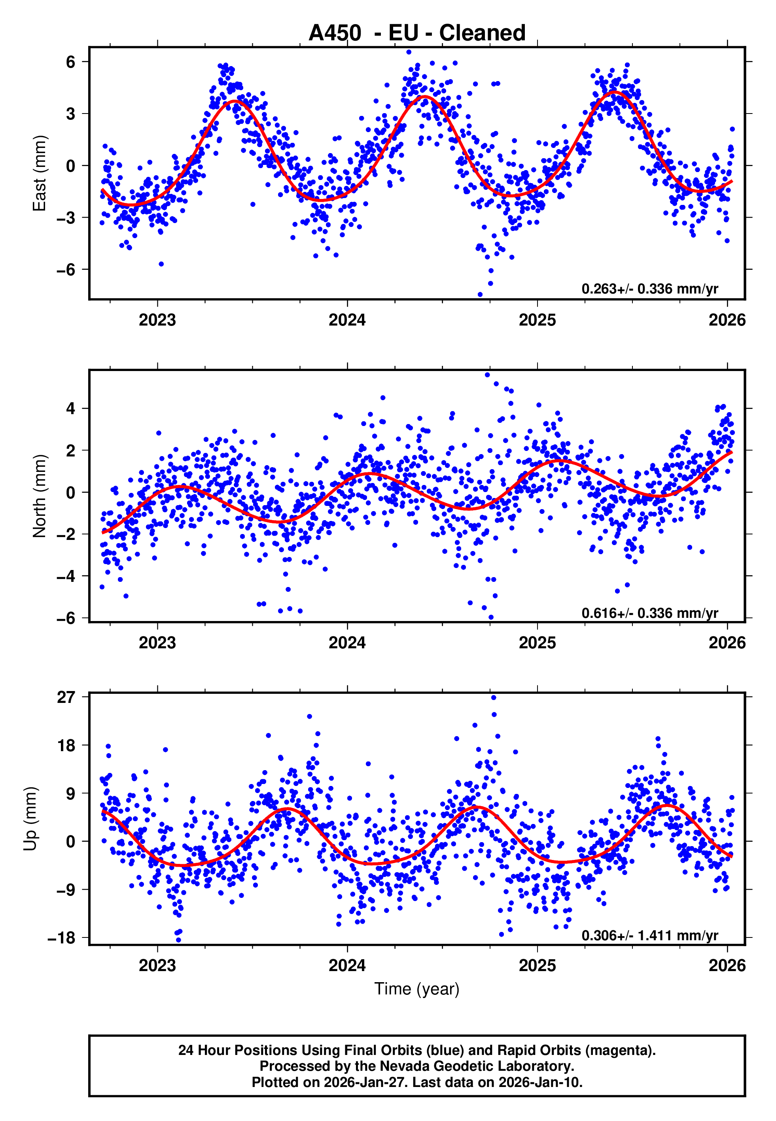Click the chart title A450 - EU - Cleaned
417,33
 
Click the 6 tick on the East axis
71,62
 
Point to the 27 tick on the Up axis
66,697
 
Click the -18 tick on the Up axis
62,938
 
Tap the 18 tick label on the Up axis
66,745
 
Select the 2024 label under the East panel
347,320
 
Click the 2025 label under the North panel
537,643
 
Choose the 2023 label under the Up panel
157,965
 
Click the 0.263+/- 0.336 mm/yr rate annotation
649,289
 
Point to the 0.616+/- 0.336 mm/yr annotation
649,613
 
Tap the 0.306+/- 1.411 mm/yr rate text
649,936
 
